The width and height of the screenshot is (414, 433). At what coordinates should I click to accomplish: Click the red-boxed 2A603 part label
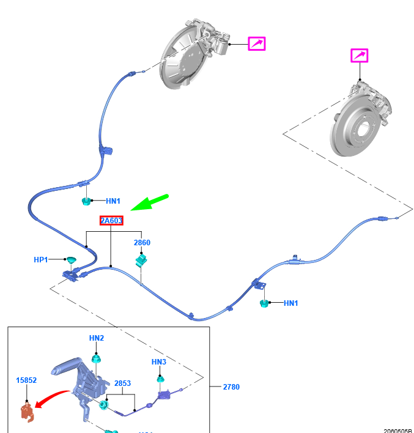pos(111,220)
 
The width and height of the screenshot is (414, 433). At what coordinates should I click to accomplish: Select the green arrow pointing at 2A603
pos(149,202)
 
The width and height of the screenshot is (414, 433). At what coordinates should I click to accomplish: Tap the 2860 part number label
pos(142,242)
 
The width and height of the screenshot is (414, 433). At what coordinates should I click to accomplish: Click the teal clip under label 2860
pos(141,261)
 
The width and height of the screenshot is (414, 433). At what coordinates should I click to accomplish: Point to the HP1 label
pos(40,259)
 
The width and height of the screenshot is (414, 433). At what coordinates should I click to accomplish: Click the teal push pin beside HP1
pos(72,260)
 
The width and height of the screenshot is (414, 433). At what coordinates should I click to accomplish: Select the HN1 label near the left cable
pos(113,201)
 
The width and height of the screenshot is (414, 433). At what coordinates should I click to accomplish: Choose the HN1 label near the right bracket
pos(291,303)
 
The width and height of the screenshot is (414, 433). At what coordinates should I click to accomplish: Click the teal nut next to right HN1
pos(264,303)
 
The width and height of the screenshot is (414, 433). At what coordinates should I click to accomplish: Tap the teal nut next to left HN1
pos(86,201)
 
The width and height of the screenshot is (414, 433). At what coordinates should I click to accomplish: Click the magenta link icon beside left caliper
pos(257,43)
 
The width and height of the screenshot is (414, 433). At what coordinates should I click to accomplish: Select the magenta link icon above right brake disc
pos(360,56)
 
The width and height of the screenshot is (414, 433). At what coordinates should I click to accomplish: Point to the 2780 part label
pos(231,387)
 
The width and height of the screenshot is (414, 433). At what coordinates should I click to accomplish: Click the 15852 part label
pos(26,380)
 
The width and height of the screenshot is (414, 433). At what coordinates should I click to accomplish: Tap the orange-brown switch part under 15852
pos(27,413)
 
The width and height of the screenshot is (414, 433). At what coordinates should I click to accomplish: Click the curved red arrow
pos(51,398)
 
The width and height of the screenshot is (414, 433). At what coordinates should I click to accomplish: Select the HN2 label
pos(97,338)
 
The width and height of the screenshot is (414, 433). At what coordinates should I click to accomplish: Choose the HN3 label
pos(159,362)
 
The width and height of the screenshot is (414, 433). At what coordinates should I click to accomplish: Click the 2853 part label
pos(123,383)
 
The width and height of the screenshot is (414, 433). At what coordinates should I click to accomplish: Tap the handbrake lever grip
pos(66,366)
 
